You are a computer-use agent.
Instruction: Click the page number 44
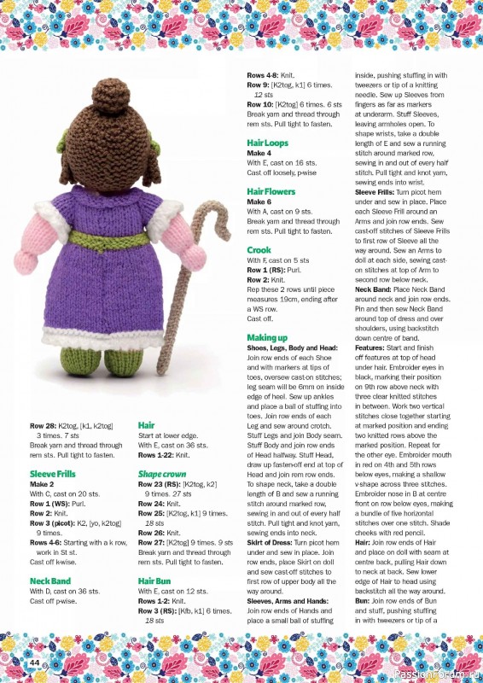click(34, 663)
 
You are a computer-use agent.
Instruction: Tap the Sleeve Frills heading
click(53, 474)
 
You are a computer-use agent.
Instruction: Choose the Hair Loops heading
click(267, 143)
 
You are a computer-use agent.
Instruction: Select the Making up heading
click(267, 338)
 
